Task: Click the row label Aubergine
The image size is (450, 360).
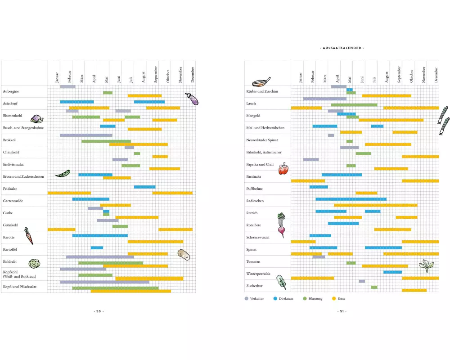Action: tap(11, 91)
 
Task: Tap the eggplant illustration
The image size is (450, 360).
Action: tap(192, 99)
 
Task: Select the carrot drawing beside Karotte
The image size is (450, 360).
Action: tap(28, 235)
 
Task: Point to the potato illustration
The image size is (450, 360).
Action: tap(183, 255)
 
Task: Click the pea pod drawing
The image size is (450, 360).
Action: tap(62, 173)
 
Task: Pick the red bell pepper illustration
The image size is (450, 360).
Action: tap(283, 169)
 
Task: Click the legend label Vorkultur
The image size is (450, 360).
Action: tap(257, 298)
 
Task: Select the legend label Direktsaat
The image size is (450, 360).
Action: tap(286, 298)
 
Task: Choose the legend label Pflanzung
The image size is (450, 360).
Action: tap(315, 298)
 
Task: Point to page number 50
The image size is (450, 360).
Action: tap(99, 311)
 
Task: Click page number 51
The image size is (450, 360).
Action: tap(342, 311)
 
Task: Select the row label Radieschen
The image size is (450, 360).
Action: tap(255, 201)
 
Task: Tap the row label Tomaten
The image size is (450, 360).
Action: tap(253, 261)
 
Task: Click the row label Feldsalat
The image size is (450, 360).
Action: tap(11, 189)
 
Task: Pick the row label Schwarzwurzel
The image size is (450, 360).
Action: tap(257, 237)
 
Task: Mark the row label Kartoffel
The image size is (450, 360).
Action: tap(11, 249)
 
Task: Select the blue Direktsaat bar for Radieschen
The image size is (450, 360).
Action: tap(351, 199)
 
